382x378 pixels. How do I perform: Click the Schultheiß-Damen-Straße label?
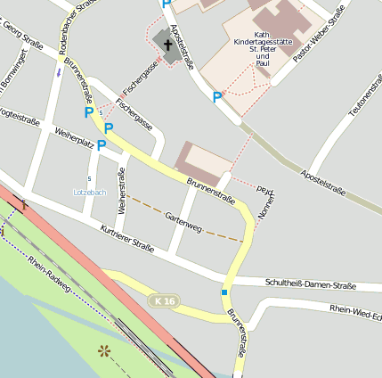coord(311,283)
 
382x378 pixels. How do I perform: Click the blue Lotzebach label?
coord(89,193)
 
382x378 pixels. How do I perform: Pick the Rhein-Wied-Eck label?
coord(355,312)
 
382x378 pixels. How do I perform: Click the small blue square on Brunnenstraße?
coord(224,292)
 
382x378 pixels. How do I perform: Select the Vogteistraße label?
coord(20,116)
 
